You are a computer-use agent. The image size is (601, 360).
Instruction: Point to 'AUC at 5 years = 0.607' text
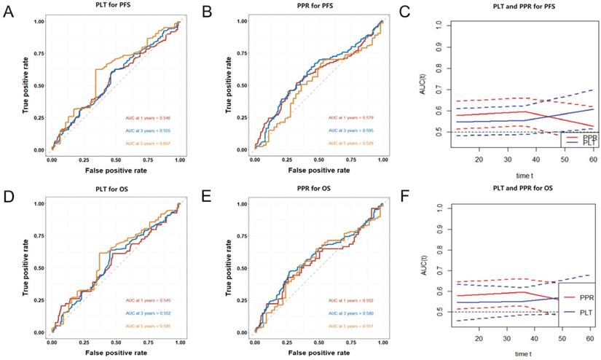[x=149, y=142]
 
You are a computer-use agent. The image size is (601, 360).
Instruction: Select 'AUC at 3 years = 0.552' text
[x=149, y=312]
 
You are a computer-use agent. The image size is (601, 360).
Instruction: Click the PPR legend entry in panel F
[x=583, y=297]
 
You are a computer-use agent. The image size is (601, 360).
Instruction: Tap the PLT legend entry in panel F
[x=583, y=313]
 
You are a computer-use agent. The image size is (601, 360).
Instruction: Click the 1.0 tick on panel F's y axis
[x=439, y=208]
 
